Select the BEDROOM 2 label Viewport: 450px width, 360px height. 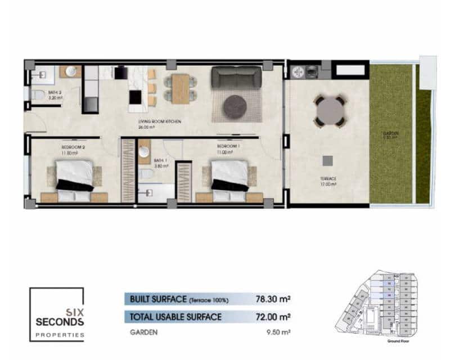pyautogui.click(x=73, y=148)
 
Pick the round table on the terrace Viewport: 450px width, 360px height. pyautogui.click(x=330, y=110)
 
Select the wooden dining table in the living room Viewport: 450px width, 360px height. pyautogui.click(x=180, y=89)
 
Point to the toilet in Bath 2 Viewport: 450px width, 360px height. pyautogui.click(x=37, y=95)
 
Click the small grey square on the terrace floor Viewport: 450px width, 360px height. pyautogui.click(x=327, y=160)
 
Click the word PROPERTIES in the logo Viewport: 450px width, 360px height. pyautogui.click(x=60, y=335)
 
